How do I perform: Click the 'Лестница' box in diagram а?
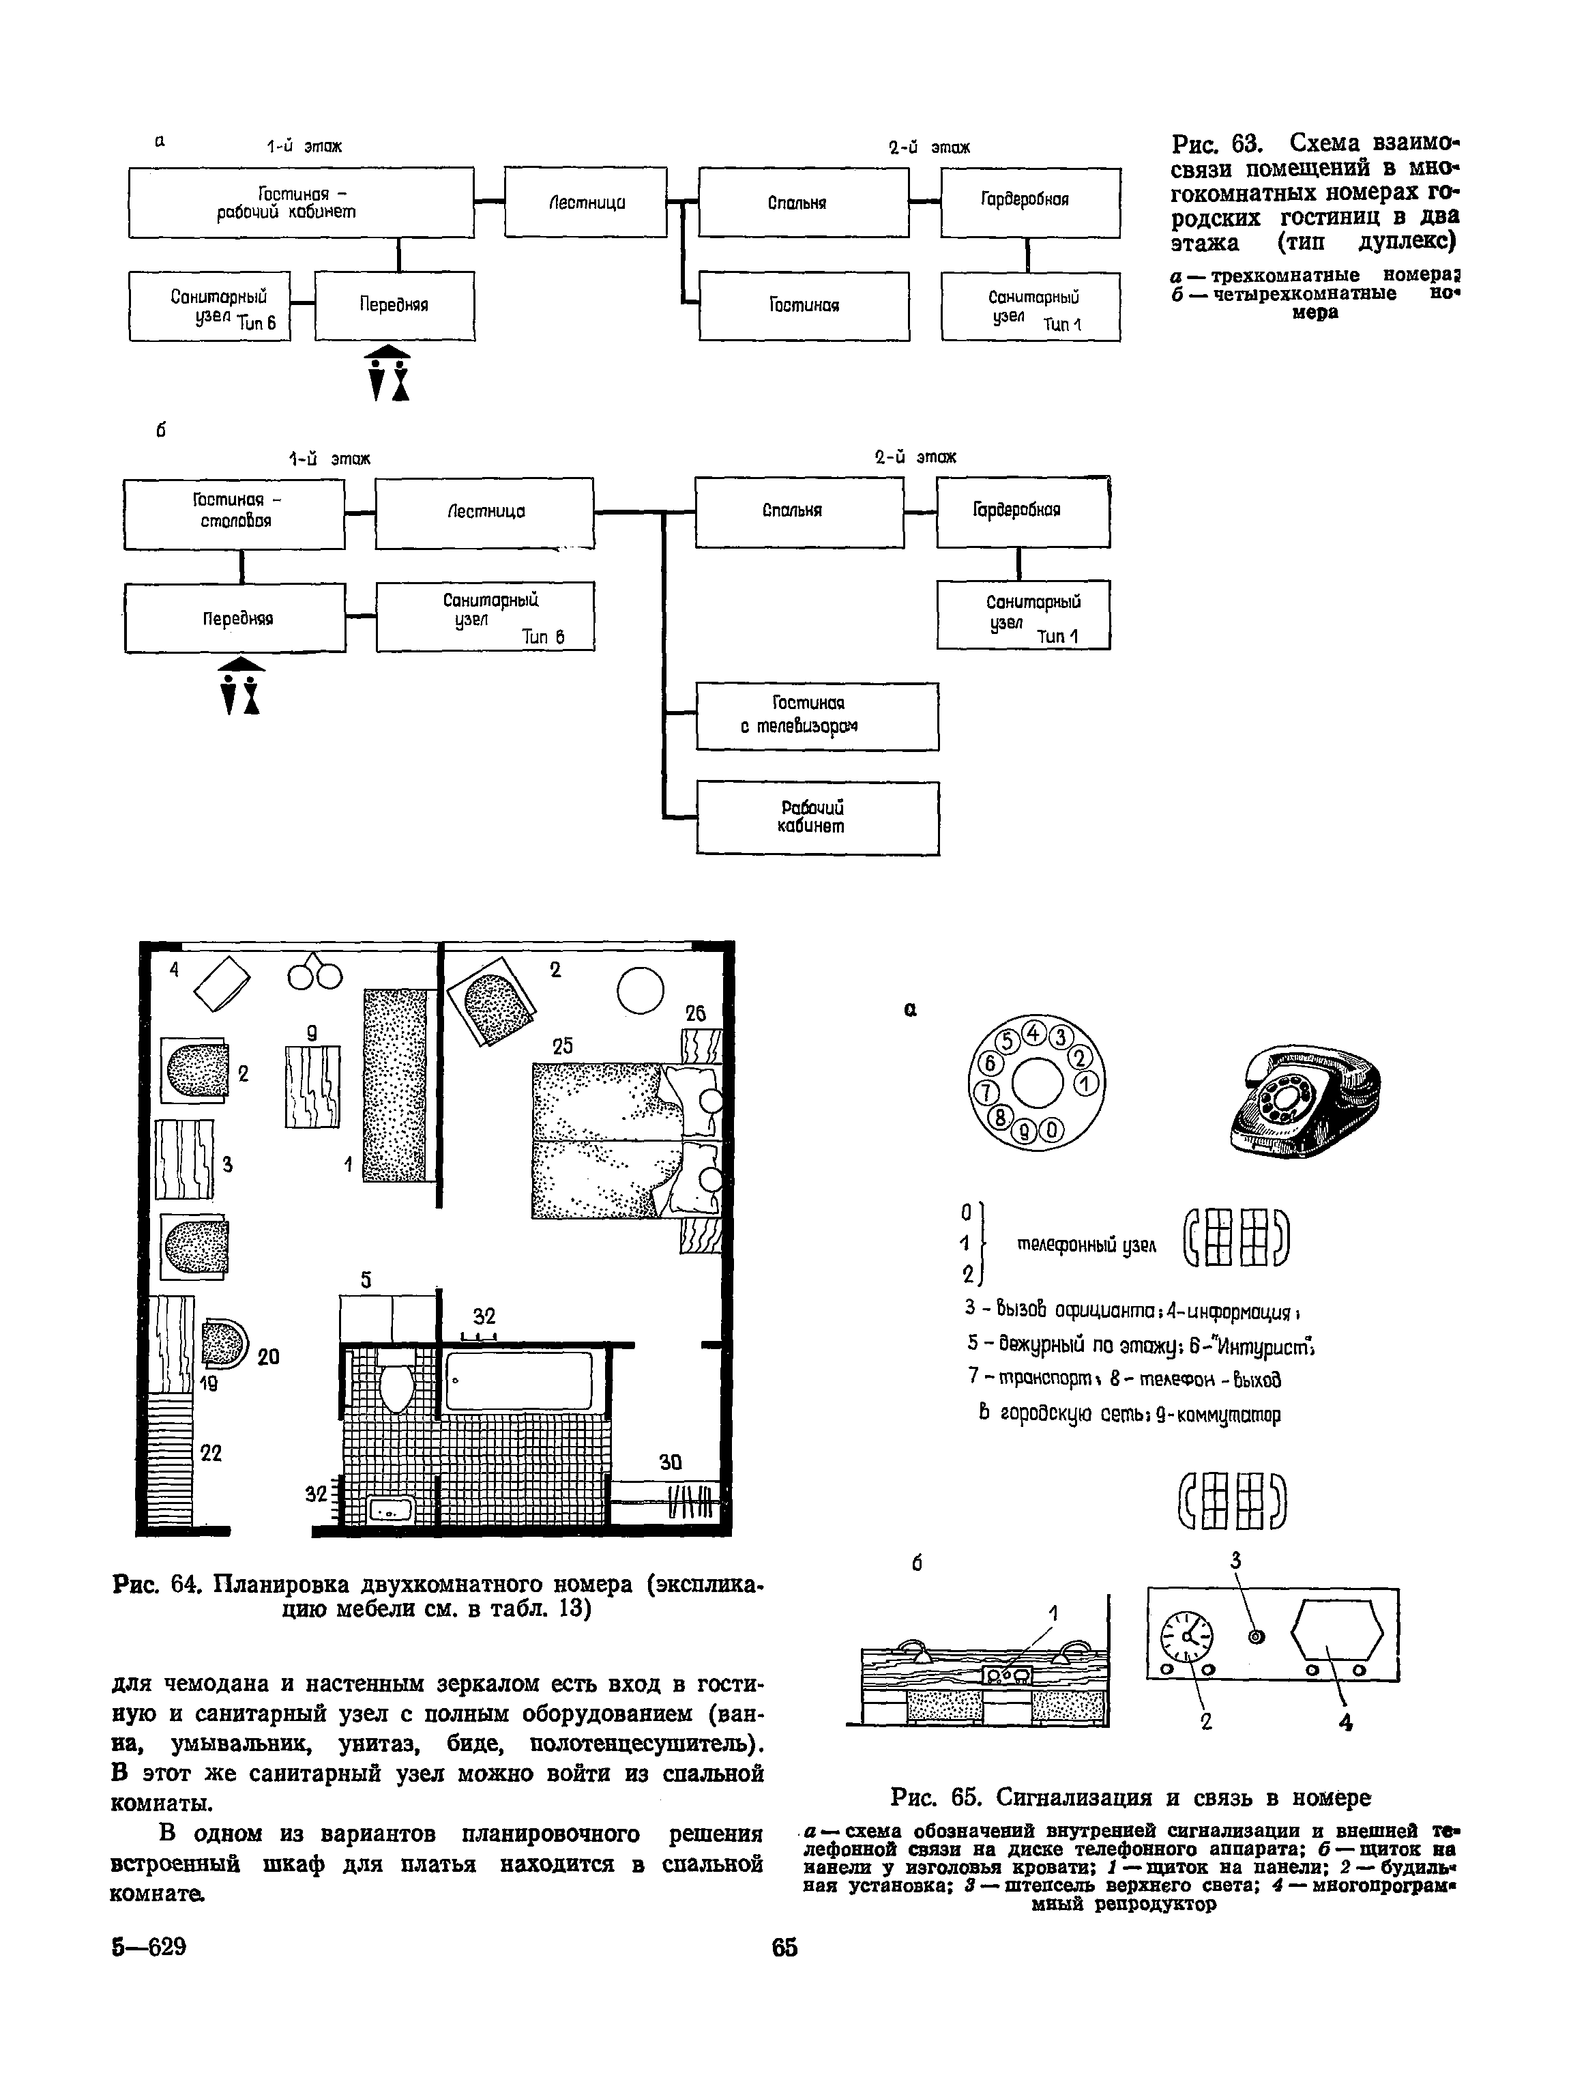click(x=585, y=202)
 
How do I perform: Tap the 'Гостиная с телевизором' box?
click(x=817, y=716)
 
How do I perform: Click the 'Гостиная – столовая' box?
click(x=234, y=513)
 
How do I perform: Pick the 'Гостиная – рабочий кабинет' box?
click(x=301, y=202)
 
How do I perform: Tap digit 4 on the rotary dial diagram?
click(x=1034, y=1032)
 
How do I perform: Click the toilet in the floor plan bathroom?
click(x=395, y=1387)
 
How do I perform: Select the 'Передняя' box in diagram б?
click(x=236, y=618)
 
